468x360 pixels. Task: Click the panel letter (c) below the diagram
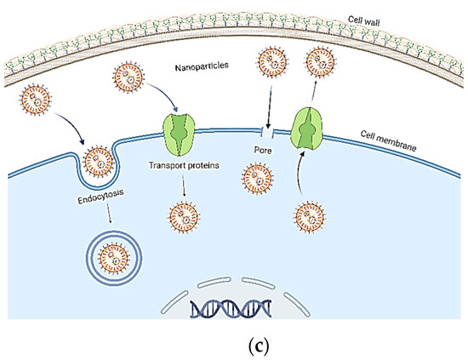click(234, 344)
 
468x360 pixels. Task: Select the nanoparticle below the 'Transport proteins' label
click(180, 211)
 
